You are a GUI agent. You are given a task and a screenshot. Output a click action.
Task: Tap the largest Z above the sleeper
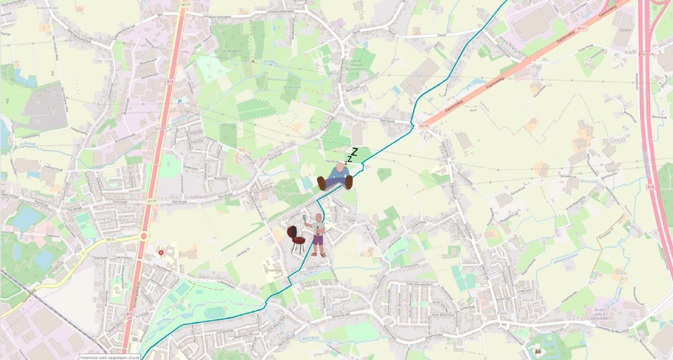click(354, 151)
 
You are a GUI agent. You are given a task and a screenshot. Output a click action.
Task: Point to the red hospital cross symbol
click(160, 252)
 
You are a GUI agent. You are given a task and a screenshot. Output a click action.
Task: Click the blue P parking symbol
click(180, 102)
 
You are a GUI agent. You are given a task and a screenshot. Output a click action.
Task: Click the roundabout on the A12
click(143, 236)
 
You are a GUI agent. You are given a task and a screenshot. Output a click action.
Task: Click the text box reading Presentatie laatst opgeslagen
click(110, 357)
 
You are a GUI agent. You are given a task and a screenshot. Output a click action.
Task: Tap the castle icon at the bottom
click(538, 352)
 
